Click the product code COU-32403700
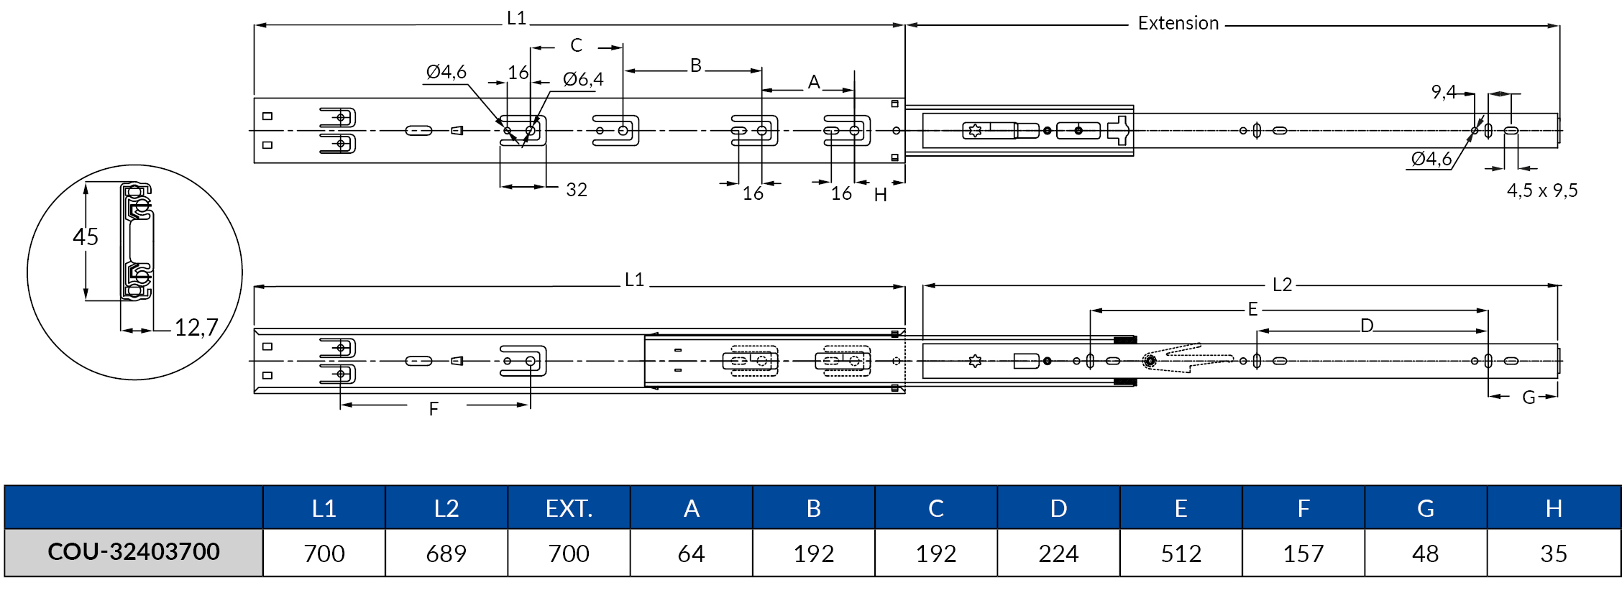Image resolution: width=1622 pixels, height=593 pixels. pos(134,552)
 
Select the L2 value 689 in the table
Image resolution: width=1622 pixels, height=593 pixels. pos(446,553)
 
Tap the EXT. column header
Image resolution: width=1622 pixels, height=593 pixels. pos(569,508)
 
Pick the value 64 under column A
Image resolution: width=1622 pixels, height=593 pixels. pos(691,553)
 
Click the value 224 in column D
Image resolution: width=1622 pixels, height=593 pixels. pos(1058,553)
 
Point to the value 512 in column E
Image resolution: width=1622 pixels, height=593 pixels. pos(1181,553)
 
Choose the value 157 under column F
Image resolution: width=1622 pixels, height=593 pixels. pos(1303,553)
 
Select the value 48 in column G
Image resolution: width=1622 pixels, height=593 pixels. pos(1425,553)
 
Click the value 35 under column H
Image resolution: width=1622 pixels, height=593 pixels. pos(1553,553)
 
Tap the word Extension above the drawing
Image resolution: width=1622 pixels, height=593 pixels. pos(1178,24)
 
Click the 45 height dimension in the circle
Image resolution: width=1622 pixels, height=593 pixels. pos(86,236)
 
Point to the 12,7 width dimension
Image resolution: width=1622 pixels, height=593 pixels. pos(196,328)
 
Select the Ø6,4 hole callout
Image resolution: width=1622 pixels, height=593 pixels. pos(583,79)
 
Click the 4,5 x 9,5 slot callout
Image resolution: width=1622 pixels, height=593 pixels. pos(1542,190)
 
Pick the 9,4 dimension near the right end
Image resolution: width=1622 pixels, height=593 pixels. pos(1443,92)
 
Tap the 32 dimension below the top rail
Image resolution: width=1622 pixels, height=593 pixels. pos(577,190)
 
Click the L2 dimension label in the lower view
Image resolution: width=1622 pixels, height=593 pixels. pos(1282,285)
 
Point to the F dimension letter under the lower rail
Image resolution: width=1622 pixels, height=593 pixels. pos(434,409)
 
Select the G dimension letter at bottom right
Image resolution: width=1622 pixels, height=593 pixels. pos(1529,397)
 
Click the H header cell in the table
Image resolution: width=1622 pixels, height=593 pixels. pos(1553,508)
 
